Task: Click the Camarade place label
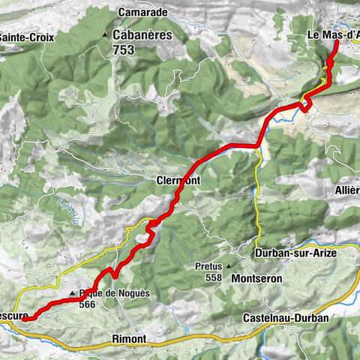point(145,12)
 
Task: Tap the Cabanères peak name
point(142,34)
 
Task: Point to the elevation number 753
point(124,49)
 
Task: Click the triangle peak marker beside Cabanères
point(105,35)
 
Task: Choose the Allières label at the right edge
point(346,190)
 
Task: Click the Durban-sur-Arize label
point(295,253)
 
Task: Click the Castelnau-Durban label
point(286,319)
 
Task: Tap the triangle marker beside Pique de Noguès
point(73,293)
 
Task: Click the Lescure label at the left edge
point(13,316)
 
